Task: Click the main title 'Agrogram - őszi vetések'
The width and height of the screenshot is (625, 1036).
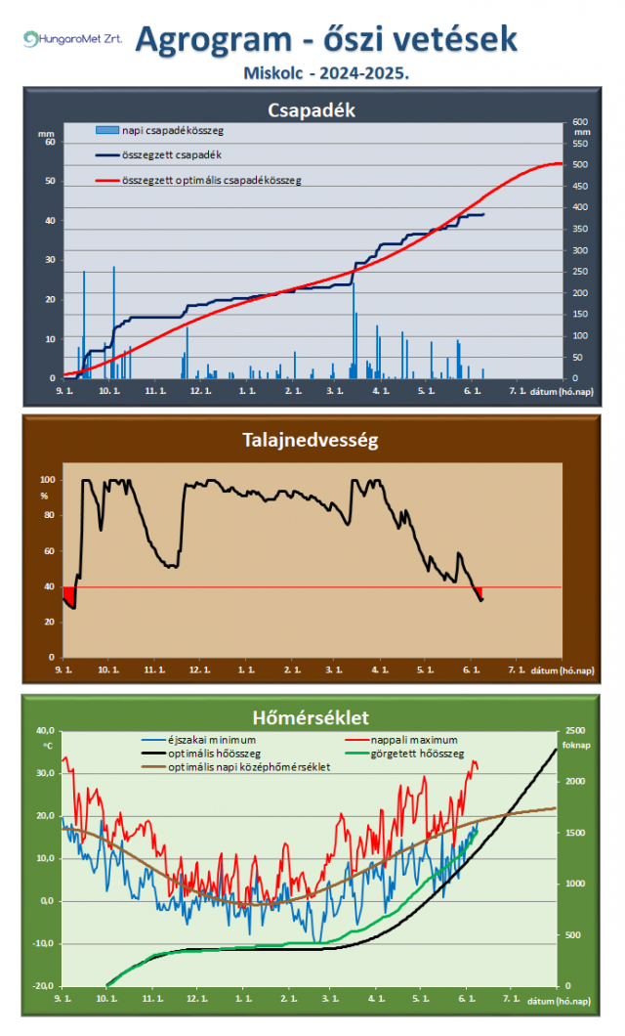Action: [x=326, y=39]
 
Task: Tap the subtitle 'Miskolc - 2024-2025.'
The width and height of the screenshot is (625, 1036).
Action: [x=326, y=72]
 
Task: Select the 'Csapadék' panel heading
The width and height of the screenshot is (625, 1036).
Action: [x=312, y=110]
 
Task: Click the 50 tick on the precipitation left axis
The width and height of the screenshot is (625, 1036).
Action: [x=50, y=181]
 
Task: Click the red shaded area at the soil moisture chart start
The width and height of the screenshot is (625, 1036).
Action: [x=69, y=596]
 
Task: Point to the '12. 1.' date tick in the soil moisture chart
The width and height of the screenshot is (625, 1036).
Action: [x=199, y=670]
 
